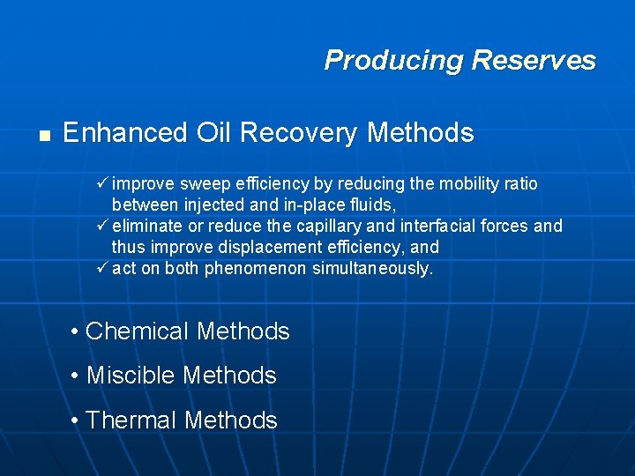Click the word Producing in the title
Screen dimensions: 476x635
(394, 61)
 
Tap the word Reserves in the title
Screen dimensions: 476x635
(534, 61)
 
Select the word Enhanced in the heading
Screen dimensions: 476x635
(125, 133)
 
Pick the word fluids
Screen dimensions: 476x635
(373, 205)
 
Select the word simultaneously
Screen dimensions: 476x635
(373, 269)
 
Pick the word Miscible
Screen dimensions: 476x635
(132, 376)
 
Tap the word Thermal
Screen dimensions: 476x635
(136, 420)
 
